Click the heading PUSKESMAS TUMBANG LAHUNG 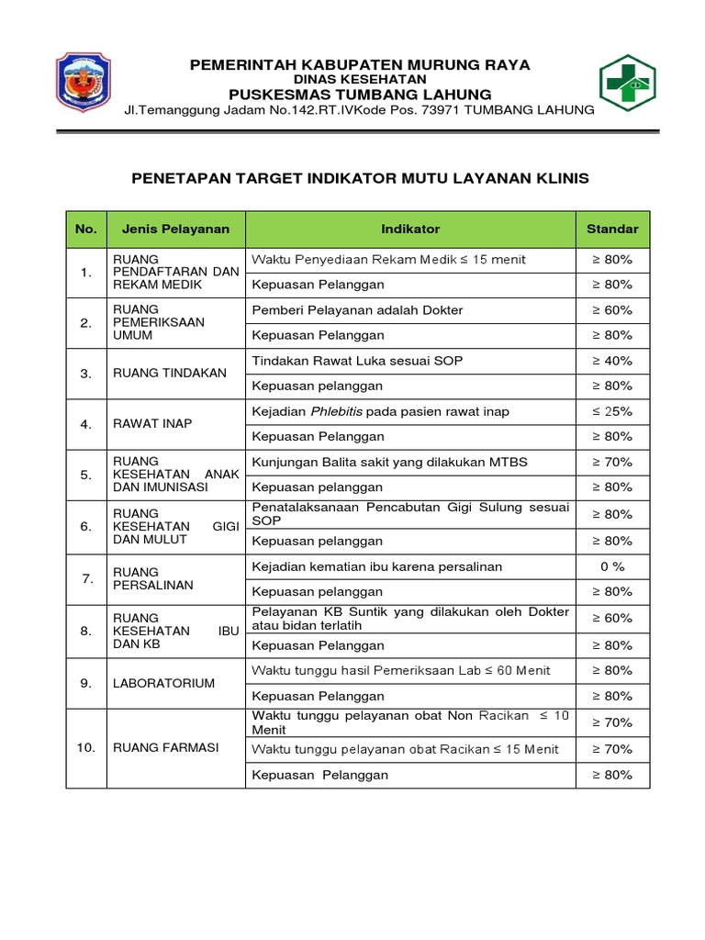pyautogui.click(x=360, y=95)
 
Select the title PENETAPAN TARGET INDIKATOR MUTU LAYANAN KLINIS pyautogui.click(x=360, y=178)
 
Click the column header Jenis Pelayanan pyautogui.click(x=175, y=229)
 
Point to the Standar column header pyautogui.click(x=611, y=229)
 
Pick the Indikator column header pyautogui.click(x=410, y=229)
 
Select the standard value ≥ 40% pyautogui.click(x=611, y=361)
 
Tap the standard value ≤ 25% pyautogui.click(x=611, y=411)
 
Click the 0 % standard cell pyautogui.click(x=611, y=566)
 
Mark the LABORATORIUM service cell pyautogui.click(x=163, y=683)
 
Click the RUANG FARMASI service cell pyautogui.click(x=165, y=748)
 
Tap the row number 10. pyautogui.click(x=86, y=748)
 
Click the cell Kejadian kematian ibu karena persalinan pyautogui.click(x=376, y=566)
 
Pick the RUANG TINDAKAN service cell pyautogui.click(x=156, y=374)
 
